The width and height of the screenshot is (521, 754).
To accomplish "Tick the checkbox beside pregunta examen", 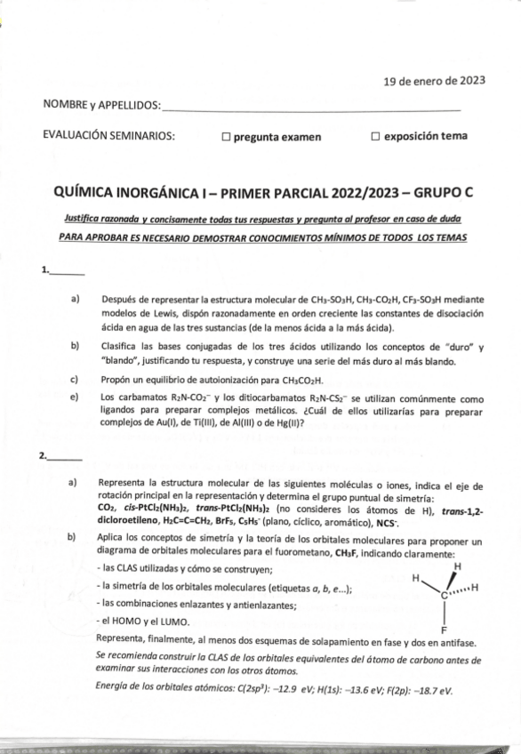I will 227,137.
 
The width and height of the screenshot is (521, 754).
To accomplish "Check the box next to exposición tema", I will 376,137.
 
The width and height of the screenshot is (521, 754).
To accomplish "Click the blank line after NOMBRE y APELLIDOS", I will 311,109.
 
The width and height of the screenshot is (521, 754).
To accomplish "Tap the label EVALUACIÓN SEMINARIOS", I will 109,136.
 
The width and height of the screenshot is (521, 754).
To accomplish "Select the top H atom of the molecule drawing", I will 457,565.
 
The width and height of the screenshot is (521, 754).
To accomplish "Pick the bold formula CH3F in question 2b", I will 347,553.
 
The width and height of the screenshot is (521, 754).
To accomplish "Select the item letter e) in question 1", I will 75,397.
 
